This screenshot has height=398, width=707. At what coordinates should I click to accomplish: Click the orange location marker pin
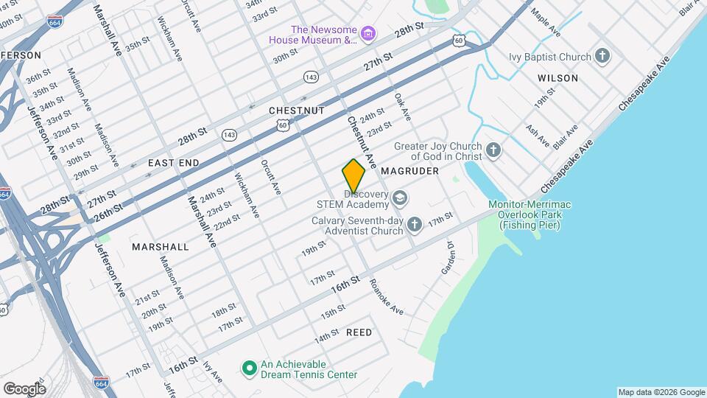click(x=353, y=175)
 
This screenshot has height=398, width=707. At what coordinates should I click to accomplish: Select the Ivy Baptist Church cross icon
click(x=602, y=57)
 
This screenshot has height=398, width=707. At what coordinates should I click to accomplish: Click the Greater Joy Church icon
click(x=493, y=151)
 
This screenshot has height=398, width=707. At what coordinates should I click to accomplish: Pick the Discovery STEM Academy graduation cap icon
click(x=400, y=198)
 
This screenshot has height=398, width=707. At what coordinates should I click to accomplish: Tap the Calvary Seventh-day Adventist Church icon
click(x=415, y=224)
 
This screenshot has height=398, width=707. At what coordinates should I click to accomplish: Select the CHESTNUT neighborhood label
click(x=297, y=111)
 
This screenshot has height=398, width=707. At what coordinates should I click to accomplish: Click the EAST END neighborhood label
click(x=174, y=162)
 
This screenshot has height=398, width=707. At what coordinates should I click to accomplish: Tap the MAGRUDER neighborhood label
click(x=410, y=171)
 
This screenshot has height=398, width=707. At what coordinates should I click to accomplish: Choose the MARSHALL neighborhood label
click(x=161, y=247)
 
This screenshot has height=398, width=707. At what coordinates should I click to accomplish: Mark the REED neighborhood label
click(x=359, y=332)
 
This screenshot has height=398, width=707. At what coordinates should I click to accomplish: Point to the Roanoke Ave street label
click(x=387, y=296)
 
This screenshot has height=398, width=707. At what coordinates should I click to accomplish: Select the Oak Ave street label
click(x=402, y=107)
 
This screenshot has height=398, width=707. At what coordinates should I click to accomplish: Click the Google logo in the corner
click(x=24, y=388)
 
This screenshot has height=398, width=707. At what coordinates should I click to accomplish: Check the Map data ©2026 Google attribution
click(x=661, y=392)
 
